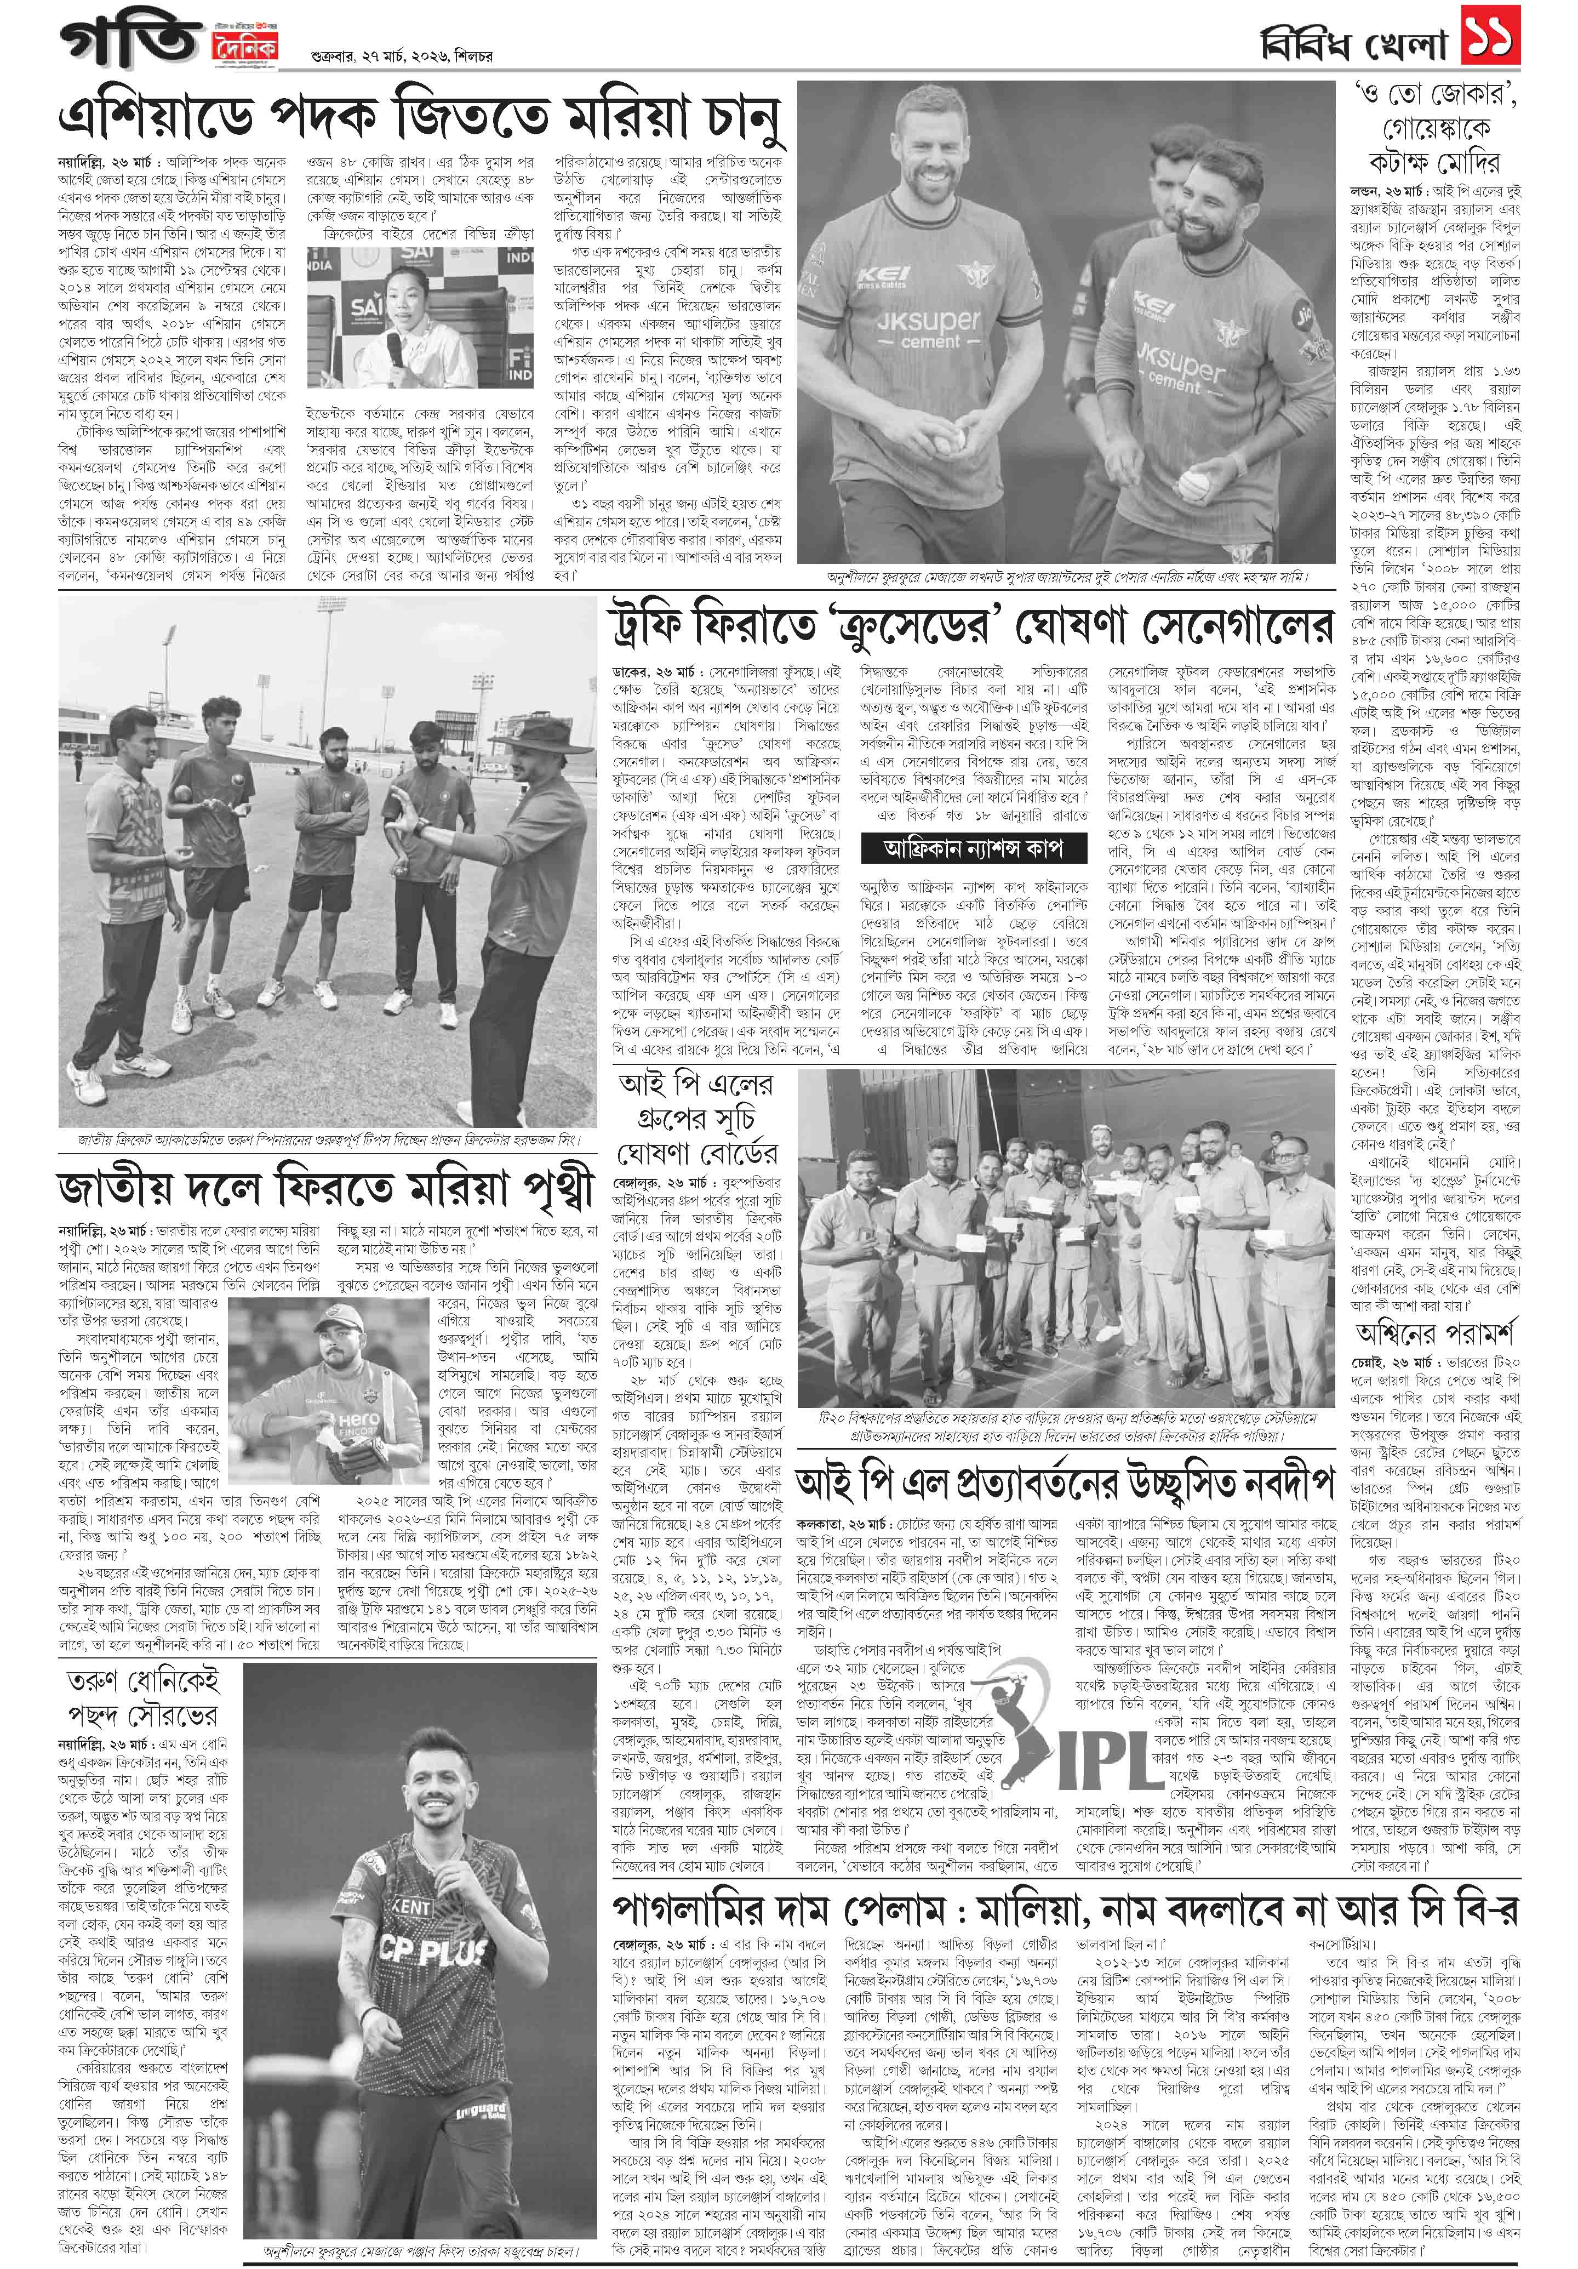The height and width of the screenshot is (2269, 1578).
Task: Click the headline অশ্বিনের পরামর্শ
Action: coord(1436,1333)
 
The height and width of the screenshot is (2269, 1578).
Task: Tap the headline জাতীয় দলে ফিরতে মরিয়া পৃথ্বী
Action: coord(326,1189)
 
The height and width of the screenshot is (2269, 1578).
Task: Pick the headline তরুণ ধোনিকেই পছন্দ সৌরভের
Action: coord(142,1698)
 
